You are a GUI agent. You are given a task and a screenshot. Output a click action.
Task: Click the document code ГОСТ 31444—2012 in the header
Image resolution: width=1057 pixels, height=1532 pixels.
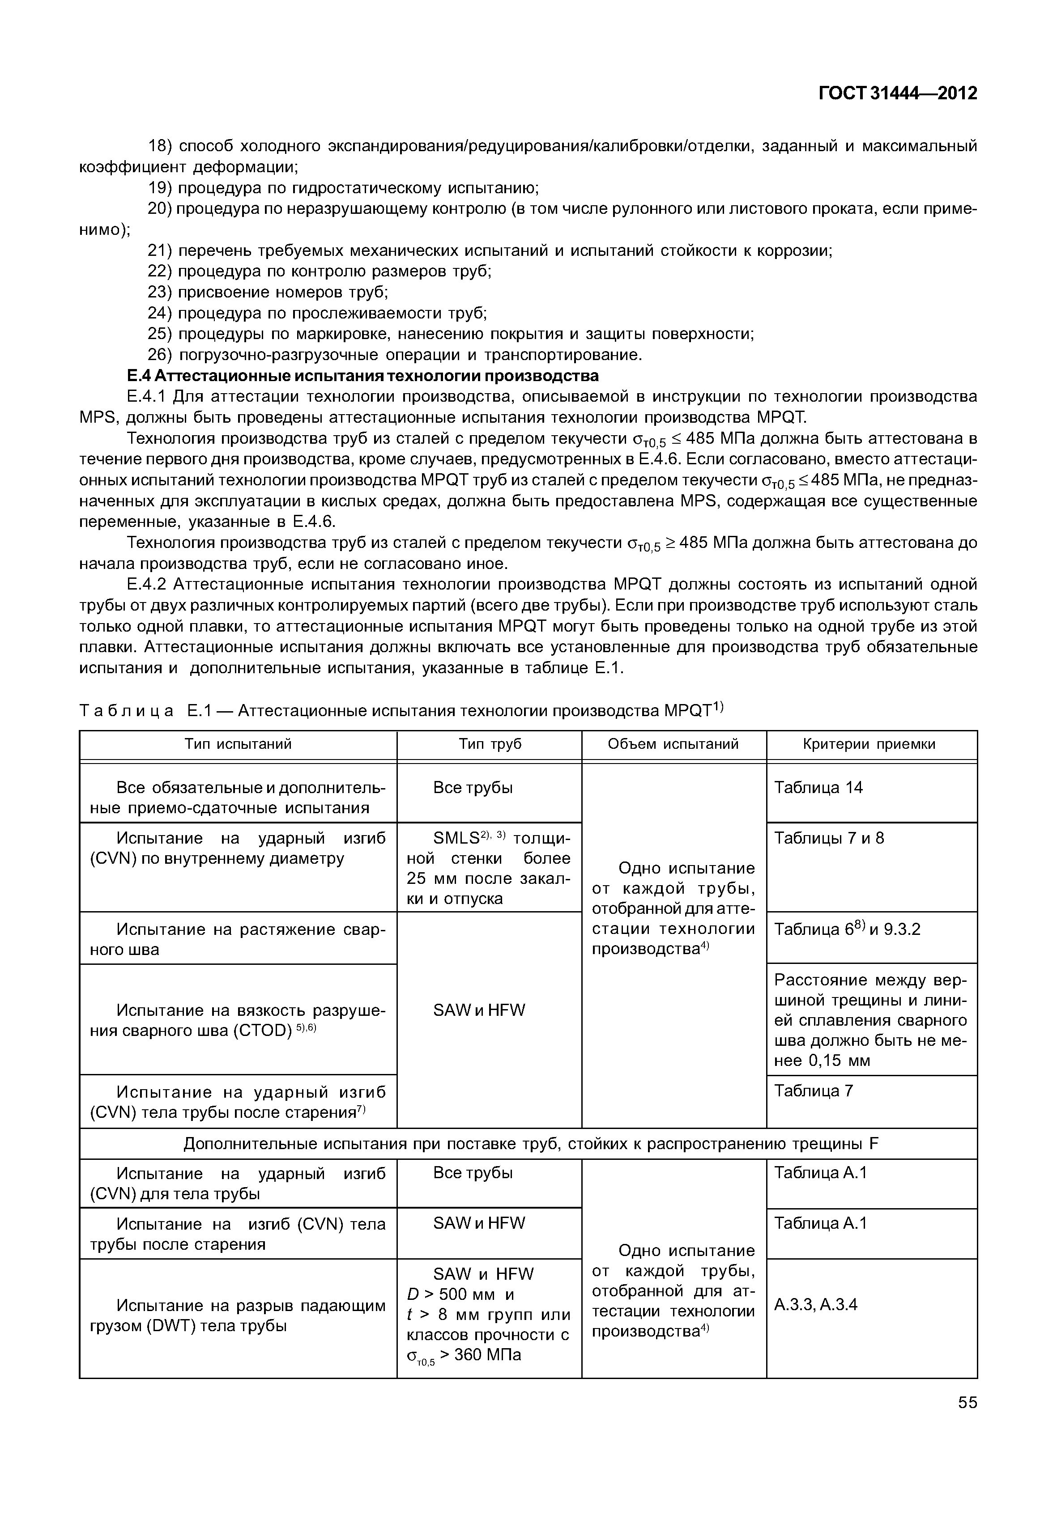897,93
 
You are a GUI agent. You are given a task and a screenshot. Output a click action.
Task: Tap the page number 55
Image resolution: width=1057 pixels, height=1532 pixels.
967,1402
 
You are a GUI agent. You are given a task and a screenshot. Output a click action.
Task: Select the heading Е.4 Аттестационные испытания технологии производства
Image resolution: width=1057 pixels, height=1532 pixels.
362,375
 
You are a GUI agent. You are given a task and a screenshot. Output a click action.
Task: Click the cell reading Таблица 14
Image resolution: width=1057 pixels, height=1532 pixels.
818,787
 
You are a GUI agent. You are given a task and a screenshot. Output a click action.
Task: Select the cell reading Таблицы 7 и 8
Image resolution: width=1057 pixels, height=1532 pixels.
829,838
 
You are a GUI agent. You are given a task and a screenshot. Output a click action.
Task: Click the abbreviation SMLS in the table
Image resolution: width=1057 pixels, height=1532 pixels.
456,839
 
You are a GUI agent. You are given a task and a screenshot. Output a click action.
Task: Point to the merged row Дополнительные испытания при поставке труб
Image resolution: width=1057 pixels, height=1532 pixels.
528,1144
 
